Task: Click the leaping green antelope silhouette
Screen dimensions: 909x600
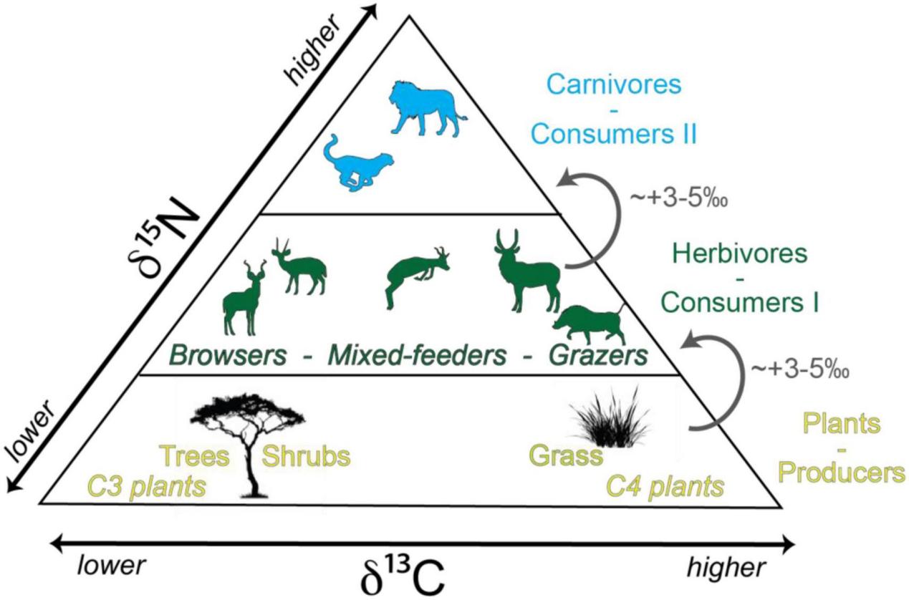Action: (414, 276)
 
